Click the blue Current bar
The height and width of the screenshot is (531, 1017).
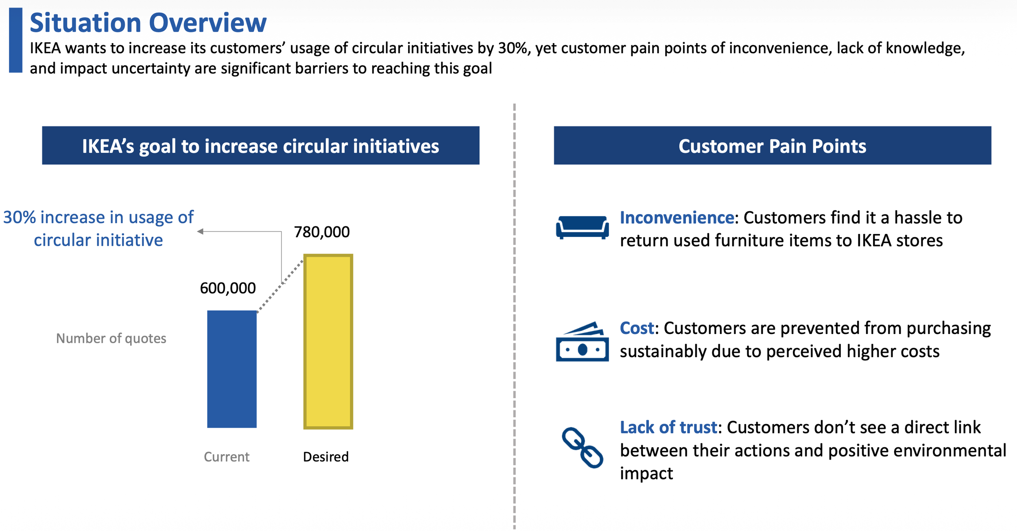pos(232,369)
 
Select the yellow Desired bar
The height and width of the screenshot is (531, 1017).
pos(328,341)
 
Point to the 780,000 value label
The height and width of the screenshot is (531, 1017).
pos(322,232)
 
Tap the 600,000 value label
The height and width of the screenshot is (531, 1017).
pos(228,288)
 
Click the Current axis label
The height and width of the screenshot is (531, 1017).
pos(227,457)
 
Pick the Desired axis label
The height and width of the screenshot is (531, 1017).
pos(326,457)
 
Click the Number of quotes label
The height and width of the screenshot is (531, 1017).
pos(111,338)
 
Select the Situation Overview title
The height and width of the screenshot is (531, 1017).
pos(148,23)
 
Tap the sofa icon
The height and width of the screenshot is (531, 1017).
pos(582,228)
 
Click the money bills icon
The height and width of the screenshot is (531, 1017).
pos(582,342)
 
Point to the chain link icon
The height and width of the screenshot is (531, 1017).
pos(582,447)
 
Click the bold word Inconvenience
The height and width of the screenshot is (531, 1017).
pos(677,218)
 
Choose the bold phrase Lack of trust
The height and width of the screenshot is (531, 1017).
pos(668,427)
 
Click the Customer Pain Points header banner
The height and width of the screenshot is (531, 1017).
pos(772,145)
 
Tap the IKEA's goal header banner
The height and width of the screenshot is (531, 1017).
pos(261,145)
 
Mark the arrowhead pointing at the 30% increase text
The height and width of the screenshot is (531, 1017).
pos(200,232)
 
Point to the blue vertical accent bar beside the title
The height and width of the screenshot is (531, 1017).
pos(15,40)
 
